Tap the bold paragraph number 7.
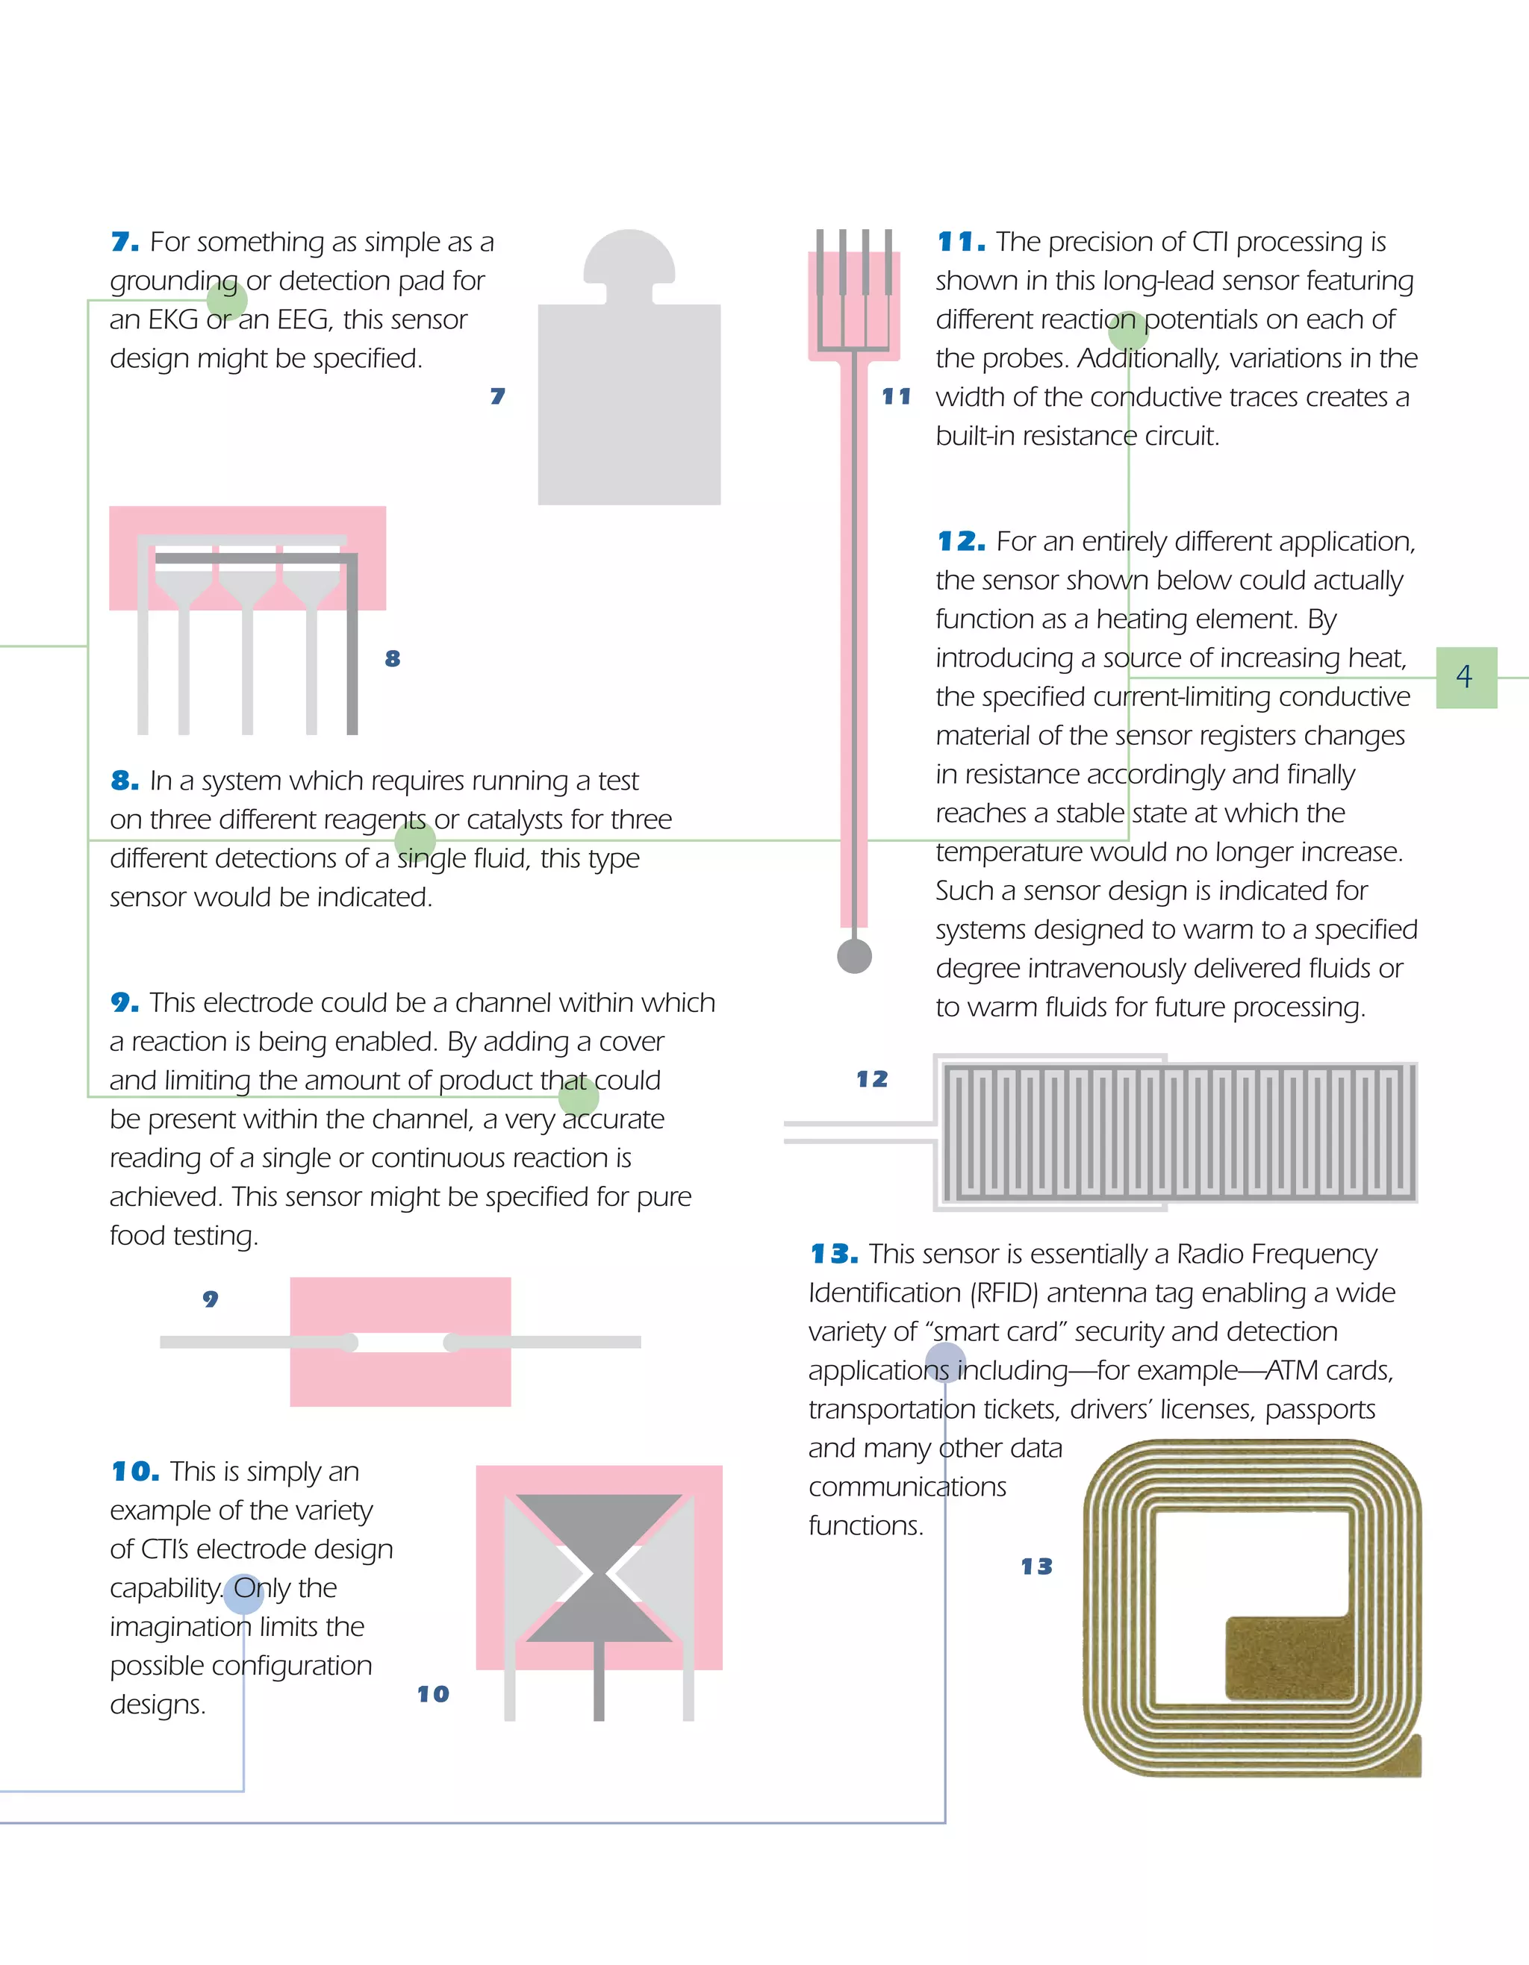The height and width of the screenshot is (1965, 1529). coord(124,242)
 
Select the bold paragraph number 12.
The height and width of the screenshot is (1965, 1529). coord(960,542)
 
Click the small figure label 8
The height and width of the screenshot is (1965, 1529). coord(393,658)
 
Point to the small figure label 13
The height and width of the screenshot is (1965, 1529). coord(1036,1566)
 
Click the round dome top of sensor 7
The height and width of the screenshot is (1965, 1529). coord(629,257)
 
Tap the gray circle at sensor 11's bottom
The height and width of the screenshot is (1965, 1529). coord(854,955)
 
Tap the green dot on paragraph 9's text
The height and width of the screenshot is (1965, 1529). coord(579,1097)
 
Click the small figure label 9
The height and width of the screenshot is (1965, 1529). coord(211,1299)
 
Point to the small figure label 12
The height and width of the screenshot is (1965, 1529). coord(871,1078)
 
